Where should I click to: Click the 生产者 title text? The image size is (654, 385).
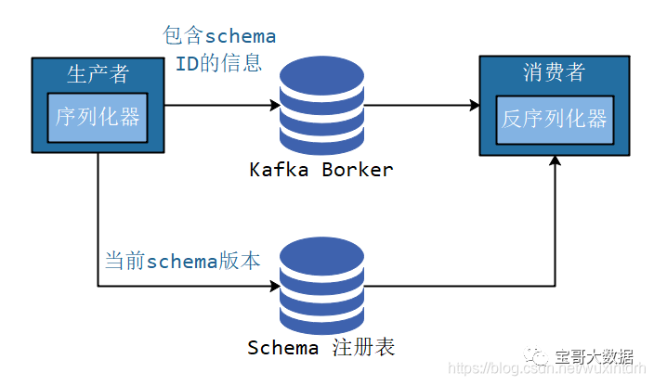pos(98,73)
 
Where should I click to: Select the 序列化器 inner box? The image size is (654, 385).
pos(98,117)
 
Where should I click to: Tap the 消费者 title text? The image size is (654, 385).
pos(555,72)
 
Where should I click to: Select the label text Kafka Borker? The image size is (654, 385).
pos(321,170)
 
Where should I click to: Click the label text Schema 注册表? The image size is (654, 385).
pos(321,348)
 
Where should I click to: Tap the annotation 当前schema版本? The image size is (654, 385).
pos(182,262)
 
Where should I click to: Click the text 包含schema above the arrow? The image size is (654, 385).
pos(219,36)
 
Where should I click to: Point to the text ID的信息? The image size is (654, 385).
pos(219,64)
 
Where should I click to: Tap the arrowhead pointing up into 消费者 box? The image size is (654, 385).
pos(555,161)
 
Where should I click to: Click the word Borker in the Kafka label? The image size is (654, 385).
pos(358,170)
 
